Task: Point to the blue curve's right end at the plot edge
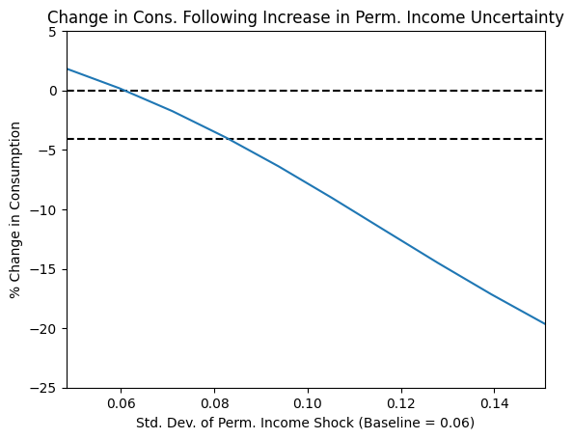point(545,323)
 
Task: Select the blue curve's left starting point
point(68,69)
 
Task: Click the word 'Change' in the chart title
point(73,17)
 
